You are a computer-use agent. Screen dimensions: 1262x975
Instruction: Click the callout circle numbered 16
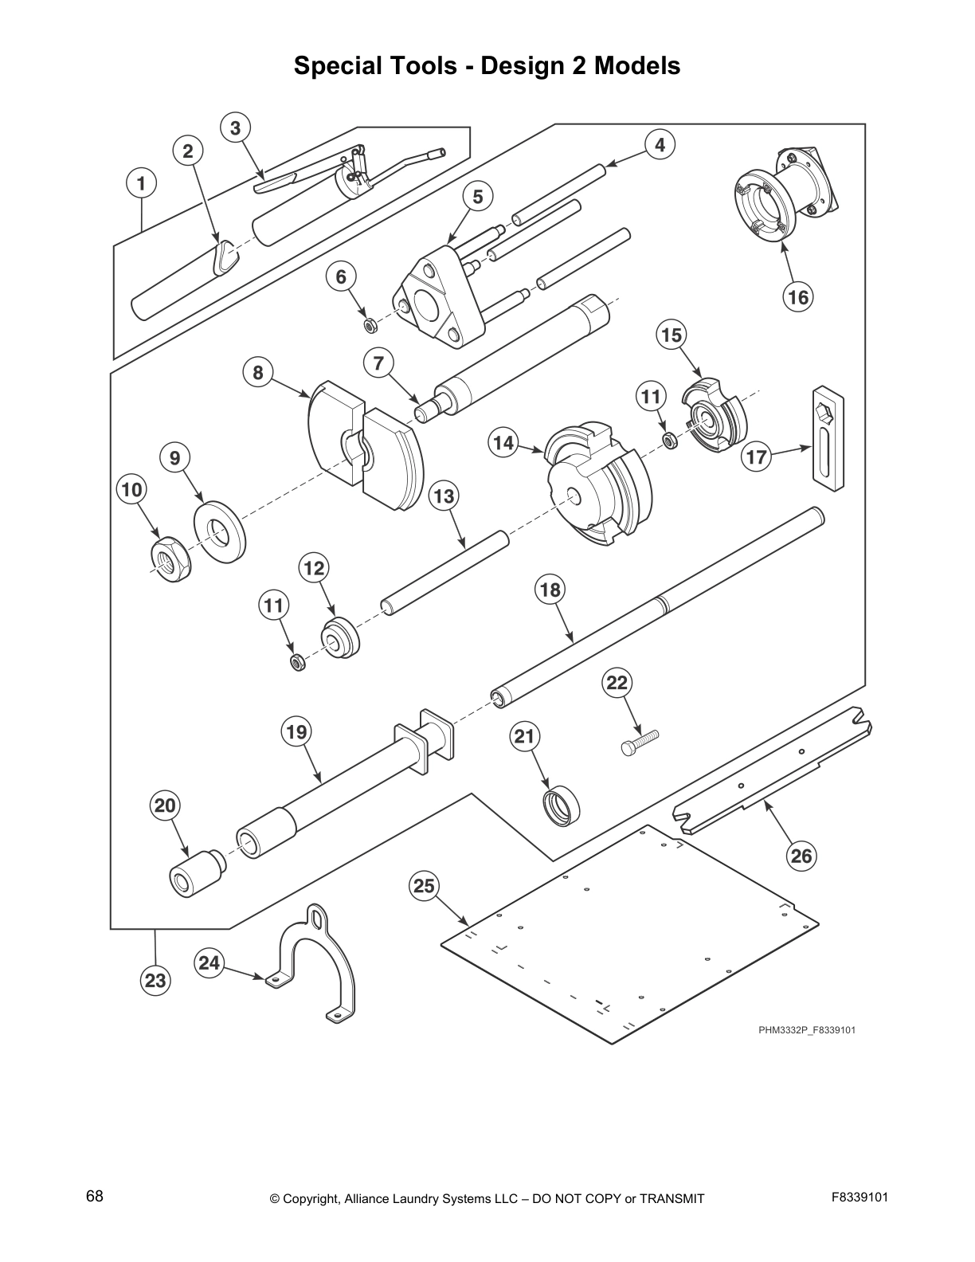(x=797, y=298)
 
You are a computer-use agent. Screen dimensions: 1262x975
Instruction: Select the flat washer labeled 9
(x=220, y=531)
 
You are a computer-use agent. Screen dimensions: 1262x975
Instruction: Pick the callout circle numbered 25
(x=425, y=886)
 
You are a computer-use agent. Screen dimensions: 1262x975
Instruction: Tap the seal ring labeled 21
(x=562, y=804)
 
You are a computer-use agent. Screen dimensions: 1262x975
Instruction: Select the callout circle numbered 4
(x=660, y=146)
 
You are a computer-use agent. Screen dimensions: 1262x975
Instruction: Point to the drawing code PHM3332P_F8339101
(x=807, y=1030)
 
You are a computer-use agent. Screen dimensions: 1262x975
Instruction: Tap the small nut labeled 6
(x=370, y=325)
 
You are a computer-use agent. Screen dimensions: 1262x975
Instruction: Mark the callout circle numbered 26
(x=801, y=856)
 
